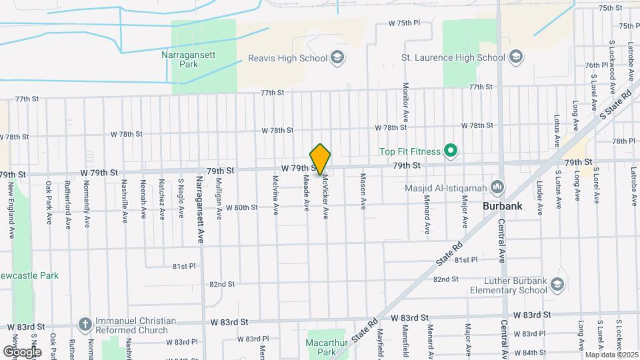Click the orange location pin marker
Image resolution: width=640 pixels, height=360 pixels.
[321, 159]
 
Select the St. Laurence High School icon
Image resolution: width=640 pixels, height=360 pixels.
[515, 57]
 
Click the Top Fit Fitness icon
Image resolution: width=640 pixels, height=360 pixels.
[451, 151]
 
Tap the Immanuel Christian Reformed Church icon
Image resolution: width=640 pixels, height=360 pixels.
[85, 325]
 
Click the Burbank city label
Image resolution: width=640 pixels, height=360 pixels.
[503, 207]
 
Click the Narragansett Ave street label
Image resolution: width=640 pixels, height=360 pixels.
[199, 199]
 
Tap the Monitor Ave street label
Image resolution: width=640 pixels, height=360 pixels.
[405, 101]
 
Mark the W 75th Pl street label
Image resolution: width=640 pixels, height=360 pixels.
[405, 23]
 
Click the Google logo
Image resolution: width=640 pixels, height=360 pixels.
[22, 351]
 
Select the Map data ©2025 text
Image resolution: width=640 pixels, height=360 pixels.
[611, 355]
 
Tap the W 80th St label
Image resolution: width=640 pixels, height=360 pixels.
[241, 208]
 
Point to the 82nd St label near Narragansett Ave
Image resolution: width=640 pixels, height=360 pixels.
[222, 284]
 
